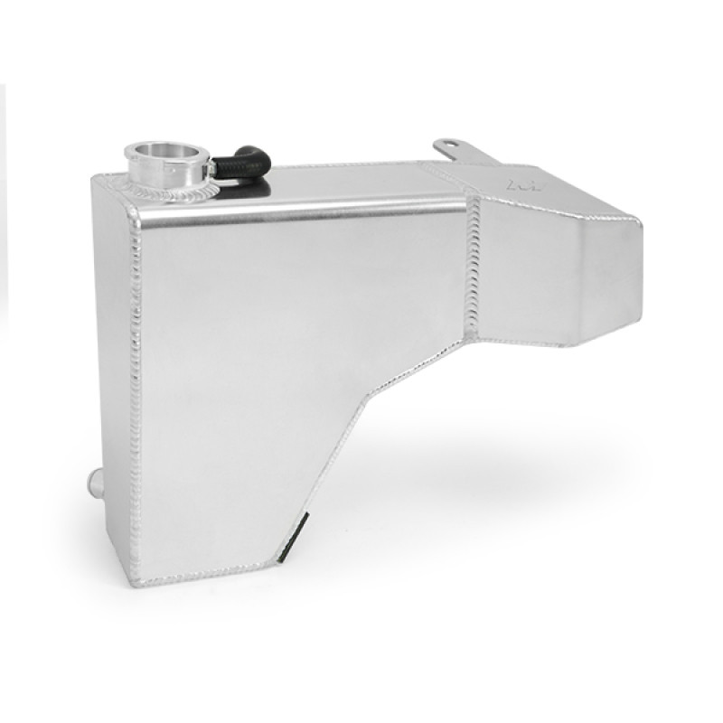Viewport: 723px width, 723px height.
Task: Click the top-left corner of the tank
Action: pos(94,180)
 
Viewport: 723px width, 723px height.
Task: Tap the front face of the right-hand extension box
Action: pos(551,280)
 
